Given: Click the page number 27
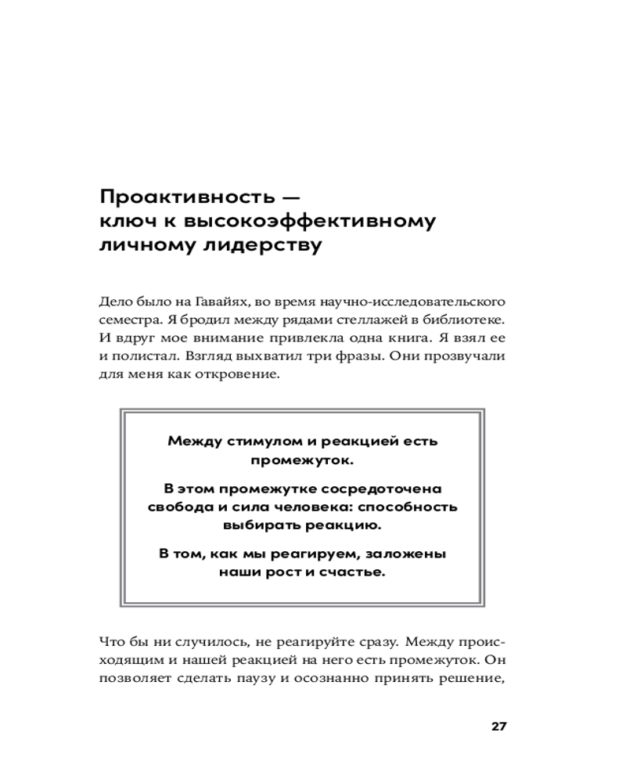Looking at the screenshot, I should coord(500,726).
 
